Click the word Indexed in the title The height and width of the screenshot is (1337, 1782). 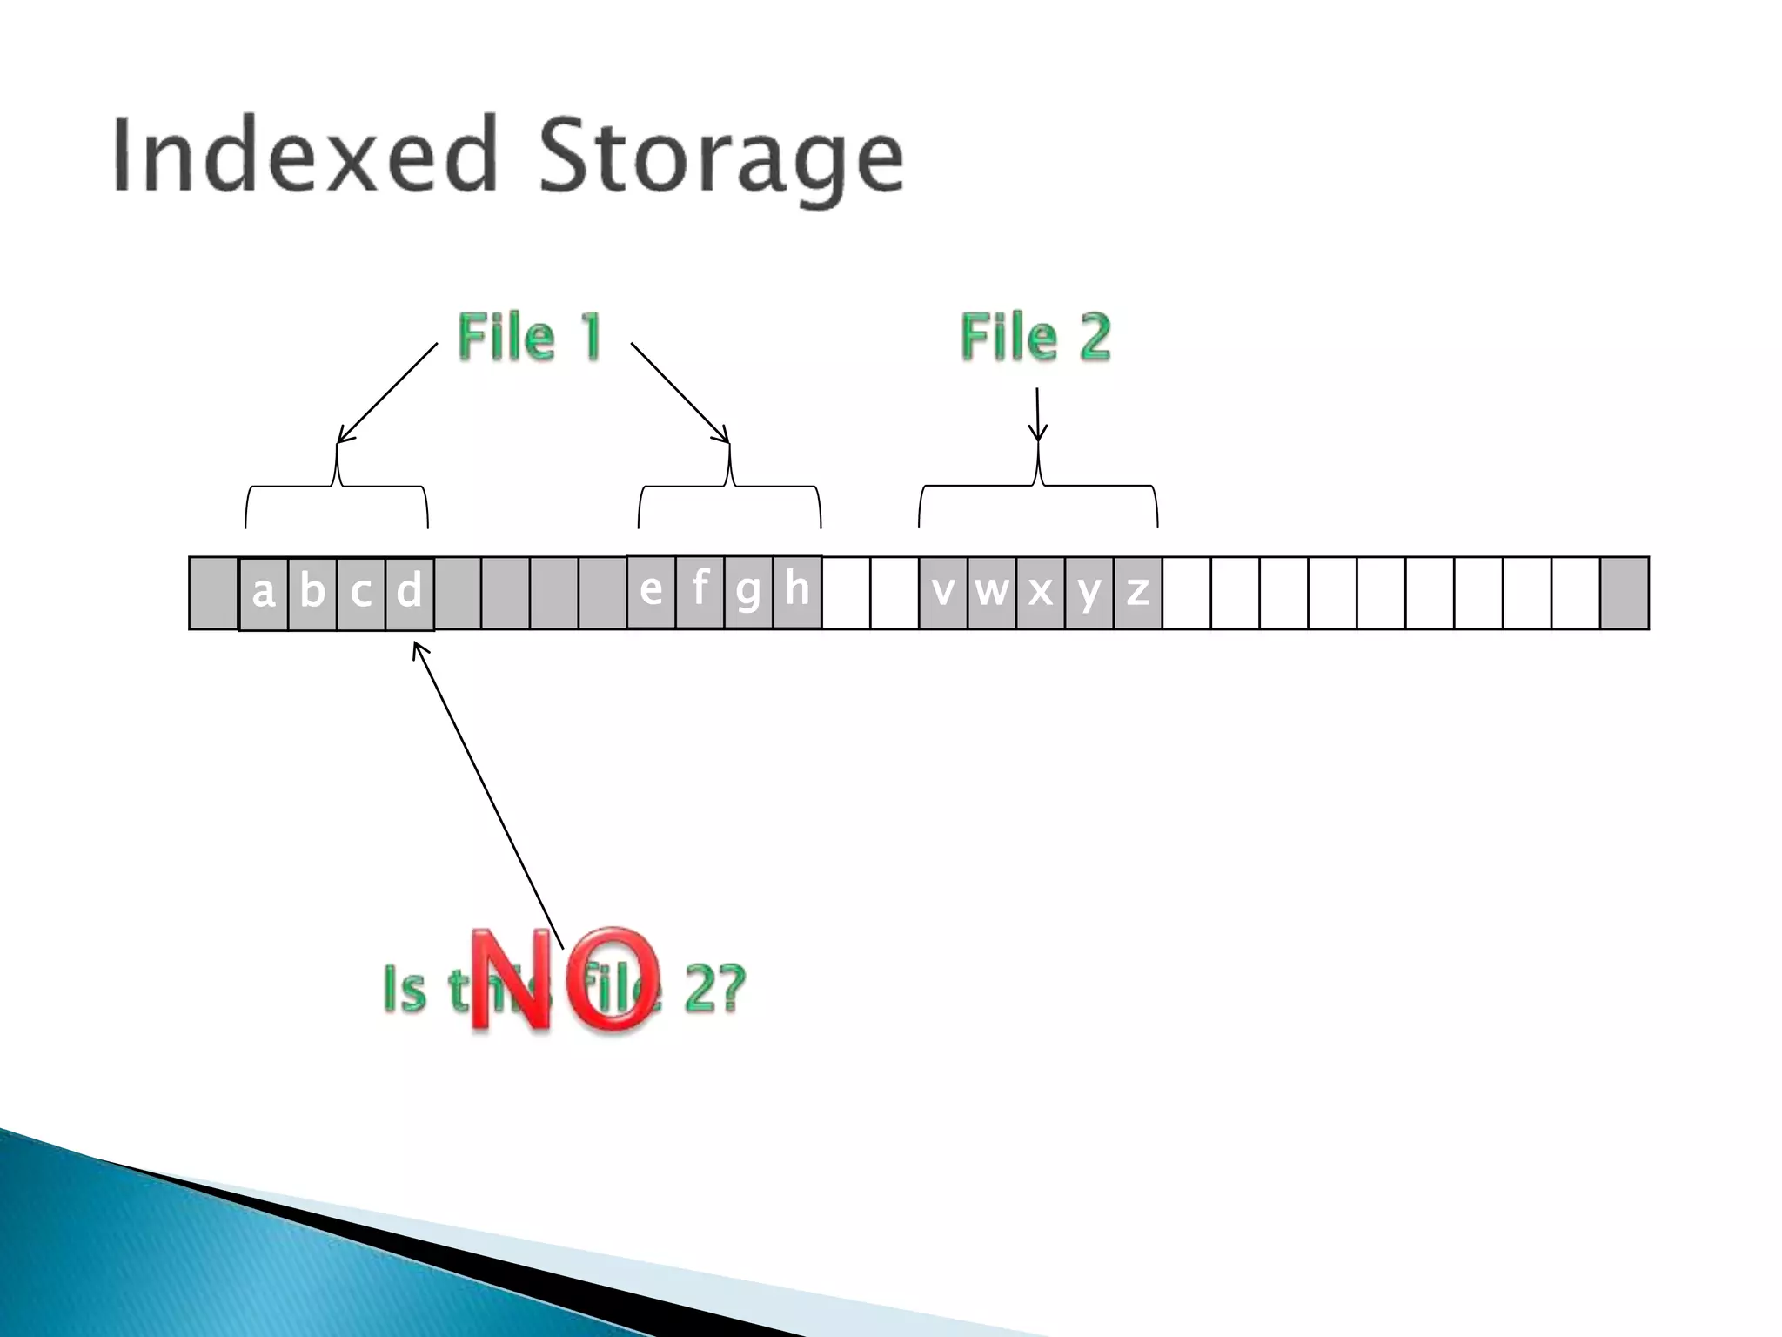pyautogui.click(x=305, y=155)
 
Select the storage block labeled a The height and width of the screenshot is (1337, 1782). pyautogui.click(x=264, y=593)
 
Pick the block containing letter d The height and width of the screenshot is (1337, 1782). pyautogui.click(x=409, y=593)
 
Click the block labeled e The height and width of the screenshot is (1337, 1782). pyautogui.click(x=651, y=591)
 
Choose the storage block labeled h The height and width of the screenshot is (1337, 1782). pyautogui.click(x=797, y=591)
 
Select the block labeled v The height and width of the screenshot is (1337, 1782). pyautogui.click(x=943, y=593)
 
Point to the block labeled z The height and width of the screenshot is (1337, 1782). pyautogui.click(x=1137, y=593)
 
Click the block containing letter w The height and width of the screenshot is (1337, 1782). pyautogui.click(x=992, y=593)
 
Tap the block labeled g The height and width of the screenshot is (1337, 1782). pyautogui.click(x=748, y=591)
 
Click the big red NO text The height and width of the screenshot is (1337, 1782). pyautogui.click(x=564, y=980)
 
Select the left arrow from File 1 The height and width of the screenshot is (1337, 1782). pyautogui.click(x=387, y=393)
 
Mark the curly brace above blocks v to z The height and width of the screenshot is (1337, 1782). pyautogui.click(x=1038, y=487)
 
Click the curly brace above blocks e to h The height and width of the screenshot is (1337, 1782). pyautogui.click(x=729, y=487)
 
